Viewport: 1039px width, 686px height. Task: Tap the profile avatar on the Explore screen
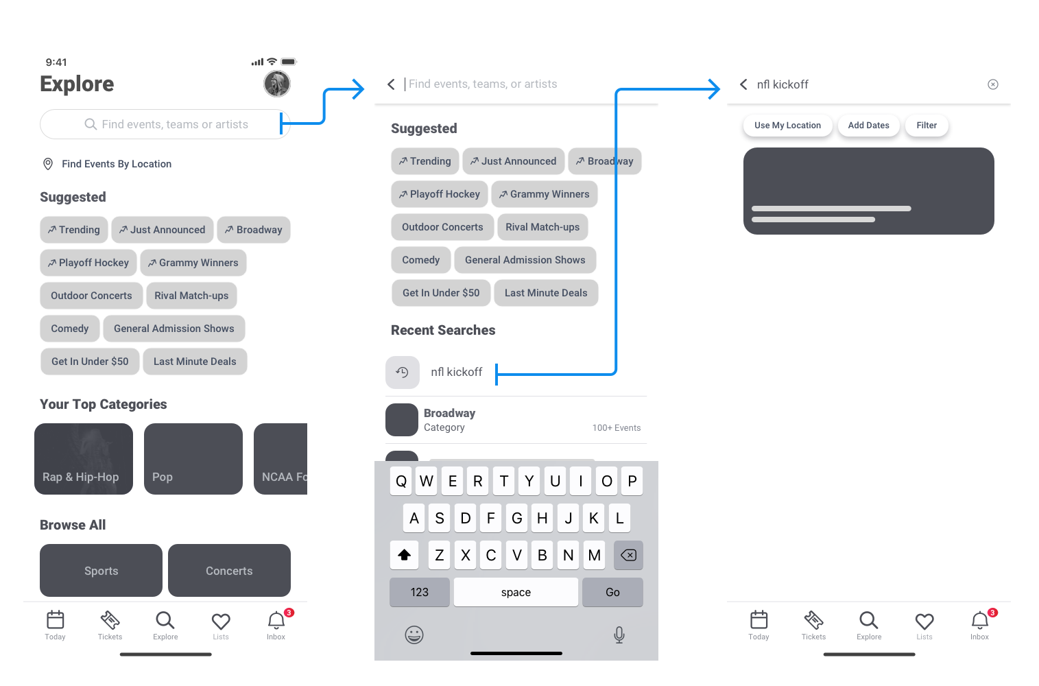[277, 84]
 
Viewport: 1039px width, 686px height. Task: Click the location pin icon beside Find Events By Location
[48, 164]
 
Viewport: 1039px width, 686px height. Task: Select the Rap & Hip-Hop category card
[84, 459]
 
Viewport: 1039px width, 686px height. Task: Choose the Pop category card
[193, 459]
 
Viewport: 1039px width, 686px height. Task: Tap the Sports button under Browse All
[101, 571]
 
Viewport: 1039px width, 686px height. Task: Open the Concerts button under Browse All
[229, 571]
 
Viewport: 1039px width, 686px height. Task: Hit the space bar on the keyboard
[516, 592]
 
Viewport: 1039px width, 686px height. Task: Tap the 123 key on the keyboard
[419, 592]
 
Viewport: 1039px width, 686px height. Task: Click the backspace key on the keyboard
[628, 555]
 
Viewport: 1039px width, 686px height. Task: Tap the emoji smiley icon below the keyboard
[414, 635]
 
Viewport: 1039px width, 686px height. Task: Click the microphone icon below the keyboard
[619, 635]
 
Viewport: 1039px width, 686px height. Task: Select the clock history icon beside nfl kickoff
[402, 372]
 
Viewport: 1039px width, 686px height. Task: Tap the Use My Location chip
[787, 126]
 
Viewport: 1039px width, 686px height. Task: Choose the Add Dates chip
[869, 126]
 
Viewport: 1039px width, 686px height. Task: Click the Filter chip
[927, 126]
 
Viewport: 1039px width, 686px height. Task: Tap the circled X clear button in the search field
[993, 84]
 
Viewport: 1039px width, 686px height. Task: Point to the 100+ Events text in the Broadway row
[617, 427]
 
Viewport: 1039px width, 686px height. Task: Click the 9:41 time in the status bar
[56, 62]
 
